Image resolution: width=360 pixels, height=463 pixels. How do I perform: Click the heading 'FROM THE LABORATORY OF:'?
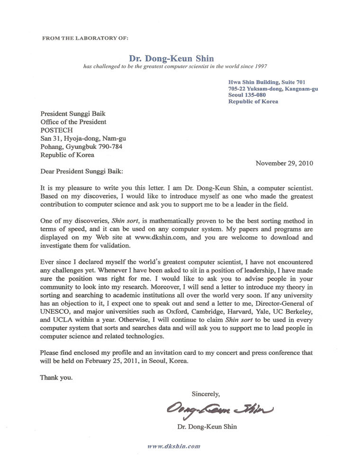pos(85,37)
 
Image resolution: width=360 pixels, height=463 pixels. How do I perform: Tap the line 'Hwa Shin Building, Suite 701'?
pos(263,82)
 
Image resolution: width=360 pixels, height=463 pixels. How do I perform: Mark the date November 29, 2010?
pos(284,163)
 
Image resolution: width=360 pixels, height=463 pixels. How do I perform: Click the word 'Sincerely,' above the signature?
pos(206,393)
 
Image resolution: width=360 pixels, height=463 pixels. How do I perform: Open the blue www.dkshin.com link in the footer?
pos(174,446)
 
